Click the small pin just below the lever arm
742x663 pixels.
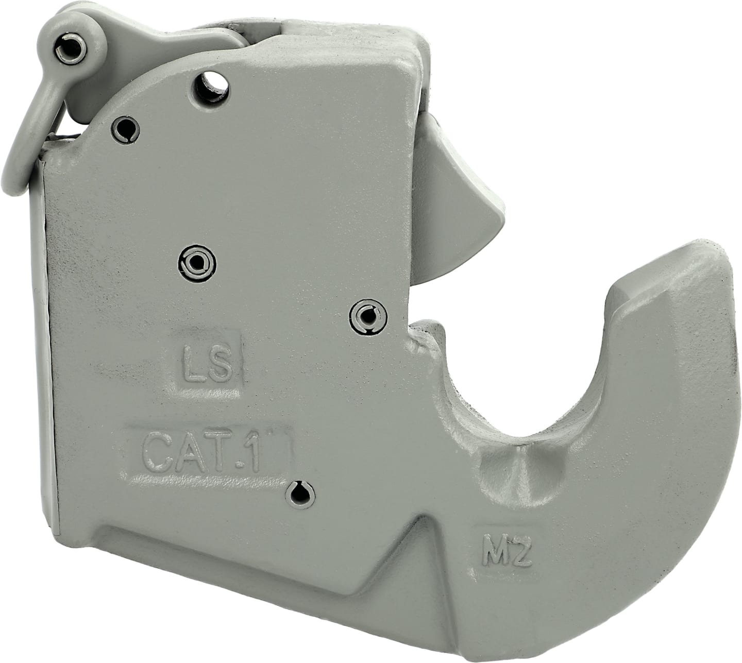126,129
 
